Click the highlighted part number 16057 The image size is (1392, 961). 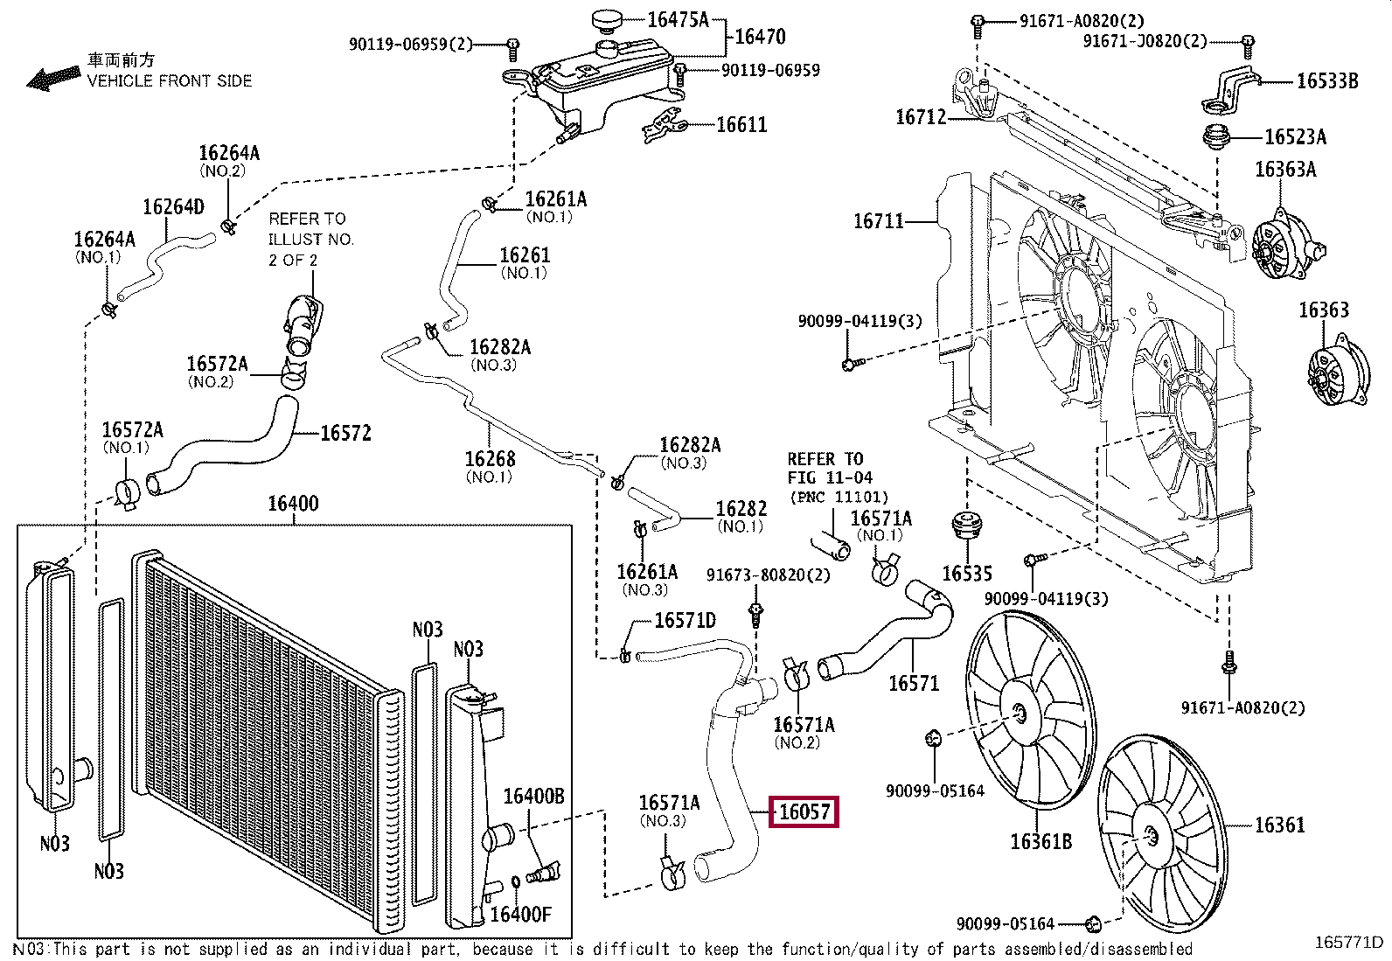click(x=804, y=811)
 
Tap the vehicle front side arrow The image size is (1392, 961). click(x=54, y=79)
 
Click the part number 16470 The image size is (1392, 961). click(x=760, y=37)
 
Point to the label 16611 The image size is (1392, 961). click(x=741, y=124)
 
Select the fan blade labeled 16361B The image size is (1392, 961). click(x=1030, y=709)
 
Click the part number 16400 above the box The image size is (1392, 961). click(x=293, y=503)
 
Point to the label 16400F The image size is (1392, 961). click(x=521, y=914)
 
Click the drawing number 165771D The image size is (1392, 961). click(x=1348, y=943)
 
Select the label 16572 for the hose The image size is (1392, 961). click(x=345, y=433)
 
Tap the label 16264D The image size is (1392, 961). click(x=173, y=206)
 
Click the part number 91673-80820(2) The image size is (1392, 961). click(x=768, y=575)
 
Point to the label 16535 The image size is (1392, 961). click(x=967, y=573)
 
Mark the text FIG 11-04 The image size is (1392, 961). click(x=830, y=477)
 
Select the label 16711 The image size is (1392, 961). click(x=879, y=220)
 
